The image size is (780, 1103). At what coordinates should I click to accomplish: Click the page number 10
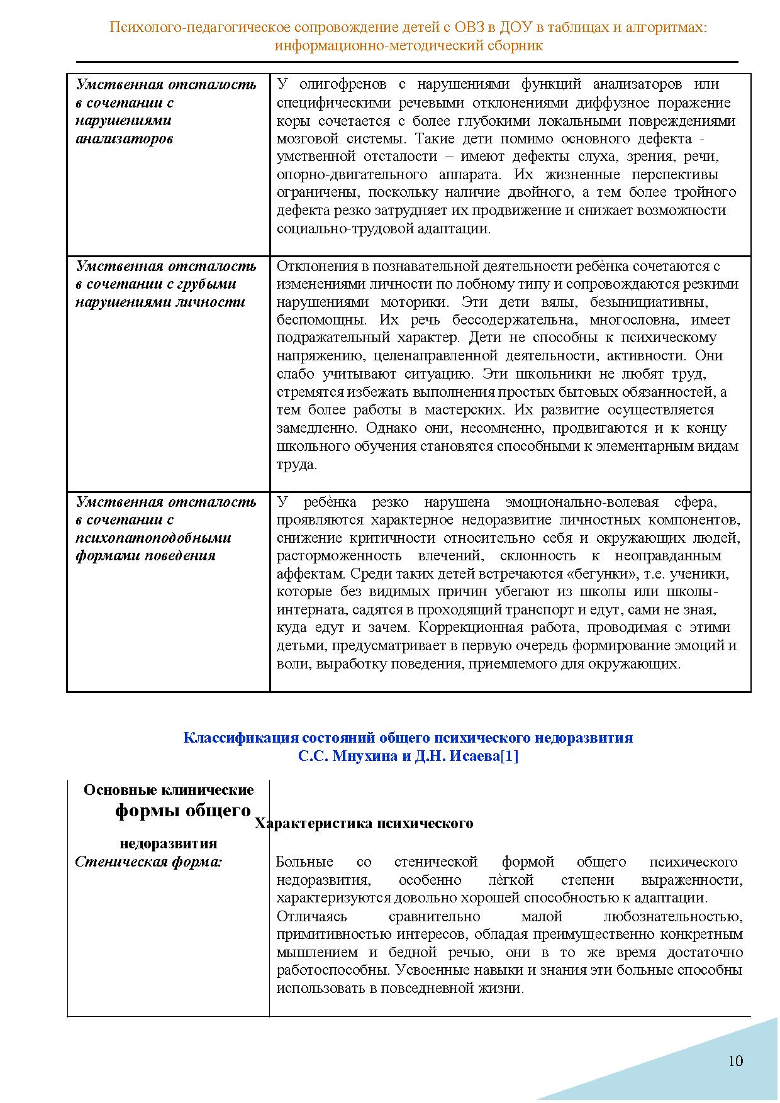point(735,1061)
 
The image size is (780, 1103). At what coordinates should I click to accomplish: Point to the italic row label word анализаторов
point(124,138)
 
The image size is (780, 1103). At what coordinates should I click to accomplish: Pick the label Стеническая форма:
point(148,862)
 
